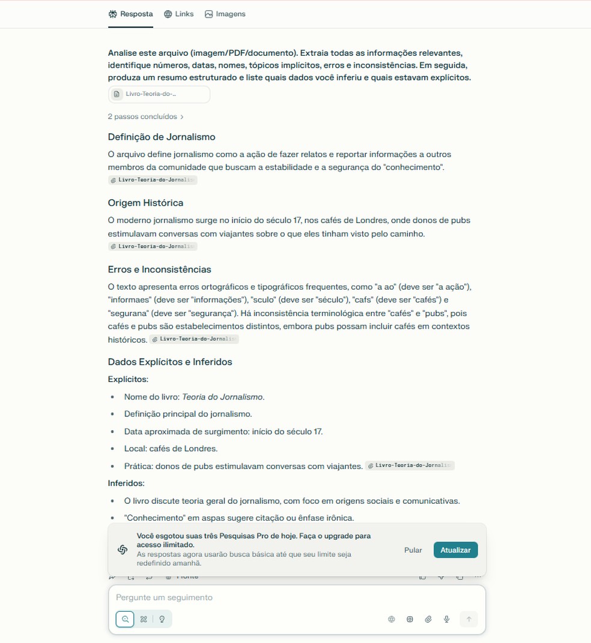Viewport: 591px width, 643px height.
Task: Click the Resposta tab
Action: [x=131, y=14]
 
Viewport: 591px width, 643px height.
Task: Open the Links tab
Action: [x=179, y=14]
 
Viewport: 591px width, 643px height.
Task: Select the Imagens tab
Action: [x=225, y=14]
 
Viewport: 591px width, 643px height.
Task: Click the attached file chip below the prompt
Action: [x=159, y=94]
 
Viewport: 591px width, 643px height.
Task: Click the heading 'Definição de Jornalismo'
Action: [x=162, y=137]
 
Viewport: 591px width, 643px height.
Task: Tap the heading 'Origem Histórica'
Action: [x=145, y=203]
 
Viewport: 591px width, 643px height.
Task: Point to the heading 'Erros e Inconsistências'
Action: [x=159, y=269]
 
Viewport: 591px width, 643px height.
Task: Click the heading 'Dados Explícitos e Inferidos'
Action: [x=170, y=362]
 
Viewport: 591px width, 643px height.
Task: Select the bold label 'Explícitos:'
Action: [x=128, y=379]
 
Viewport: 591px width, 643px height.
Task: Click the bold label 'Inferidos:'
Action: [x=126, y=483]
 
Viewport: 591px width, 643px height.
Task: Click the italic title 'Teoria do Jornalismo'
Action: [x=222, y=396]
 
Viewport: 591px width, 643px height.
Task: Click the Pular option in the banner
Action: [x=413, y=550]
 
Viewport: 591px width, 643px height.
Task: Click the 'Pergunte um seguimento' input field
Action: [x=252, y=597]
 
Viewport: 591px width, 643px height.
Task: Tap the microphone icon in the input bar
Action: [x=447, y=619]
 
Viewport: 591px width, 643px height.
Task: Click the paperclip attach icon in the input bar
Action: [x=428, y=619]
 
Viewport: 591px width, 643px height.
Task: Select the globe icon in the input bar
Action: [x=392, y=619]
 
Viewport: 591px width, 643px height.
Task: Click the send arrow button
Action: [x=469, y=619]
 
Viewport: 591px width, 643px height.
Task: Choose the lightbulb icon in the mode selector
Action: [x=162, y=619]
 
